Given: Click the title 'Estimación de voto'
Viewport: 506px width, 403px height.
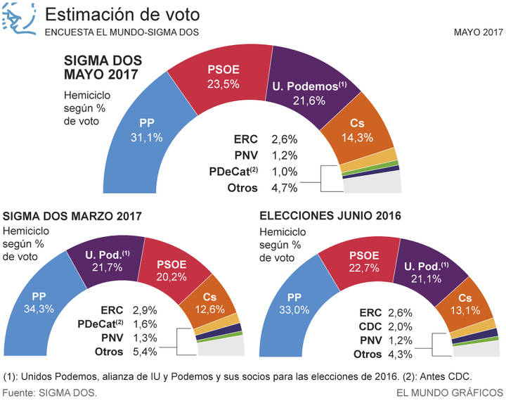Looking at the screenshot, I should coord(122,15).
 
